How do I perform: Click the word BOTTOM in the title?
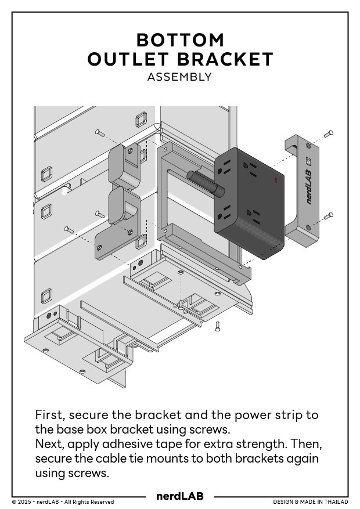(x=180, y=40)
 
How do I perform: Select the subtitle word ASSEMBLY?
(x=179, y=77)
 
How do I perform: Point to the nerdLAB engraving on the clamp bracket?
(x=308, y=188)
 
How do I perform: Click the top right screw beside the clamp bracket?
(x=329, y=134)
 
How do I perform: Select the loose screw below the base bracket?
(x=217, y=326)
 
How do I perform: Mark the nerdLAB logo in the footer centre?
(x=179, y=496)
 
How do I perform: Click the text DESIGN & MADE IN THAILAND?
(x=311, y=501)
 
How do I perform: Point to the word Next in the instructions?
(x=48, y=444)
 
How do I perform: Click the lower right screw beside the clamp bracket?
(x=329, y=215)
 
